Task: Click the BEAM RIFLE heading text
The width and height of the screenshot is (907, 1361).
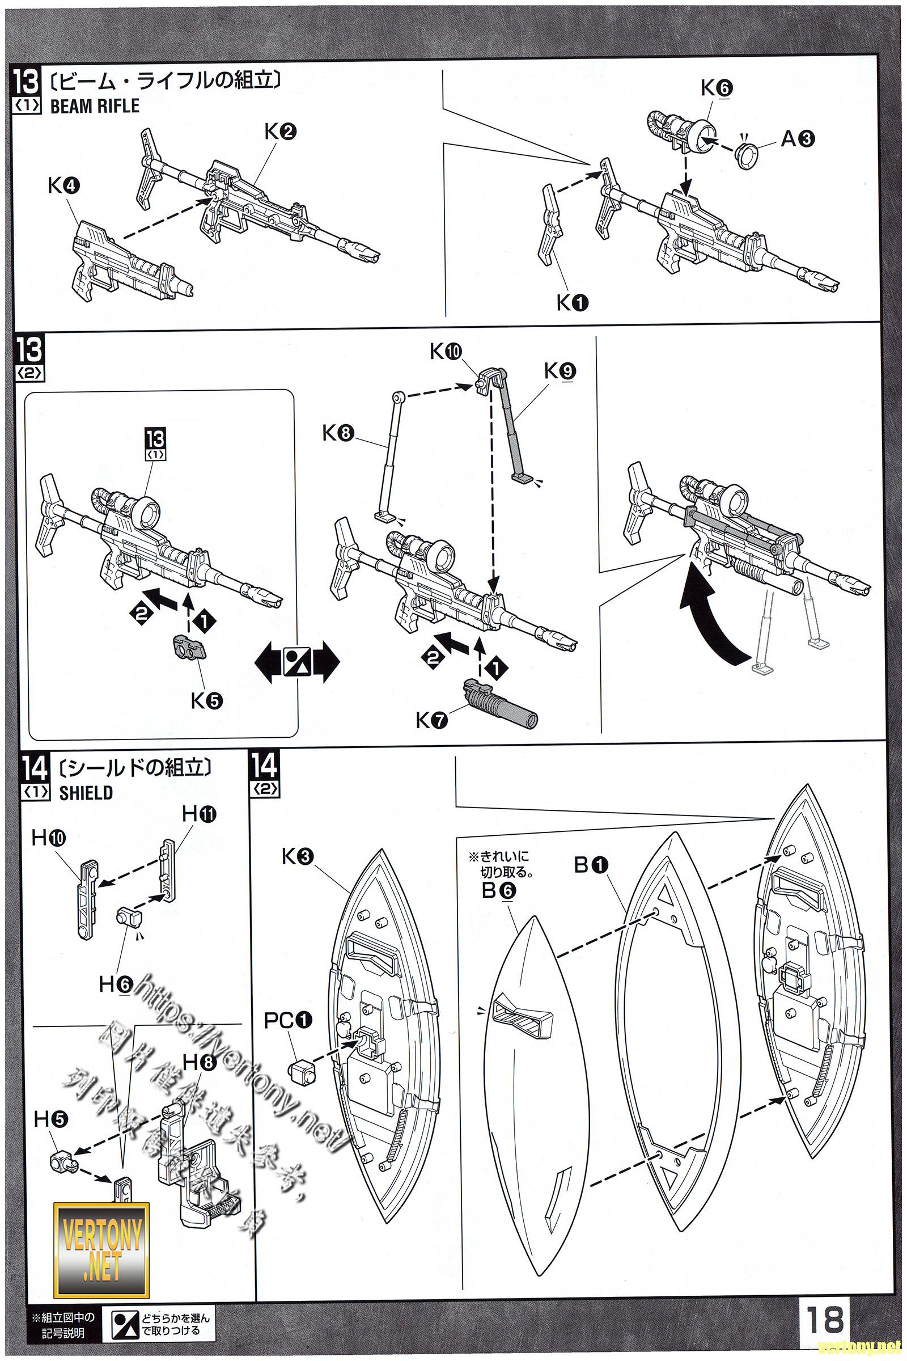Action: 95,106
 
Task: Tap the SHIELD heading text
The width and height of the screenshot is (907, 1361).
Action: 86,793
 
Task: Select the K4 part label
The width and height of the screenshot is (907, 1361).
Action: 63,186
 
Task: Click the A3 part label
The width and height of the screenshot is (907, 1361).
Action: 798,138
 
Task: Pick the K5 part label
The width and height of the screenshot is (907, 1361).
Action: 206,701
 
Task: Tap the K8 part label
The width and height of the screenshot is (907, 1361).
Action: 338,433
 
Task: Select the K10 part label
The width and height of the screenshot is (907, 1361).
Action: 446,351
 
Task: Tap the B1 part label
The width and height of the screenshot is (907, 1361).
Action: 591,865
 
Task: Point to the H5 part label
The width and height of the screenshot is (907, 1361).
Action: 51,1119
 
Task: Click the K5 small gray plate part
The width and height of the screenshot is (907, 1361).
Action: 189,646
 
